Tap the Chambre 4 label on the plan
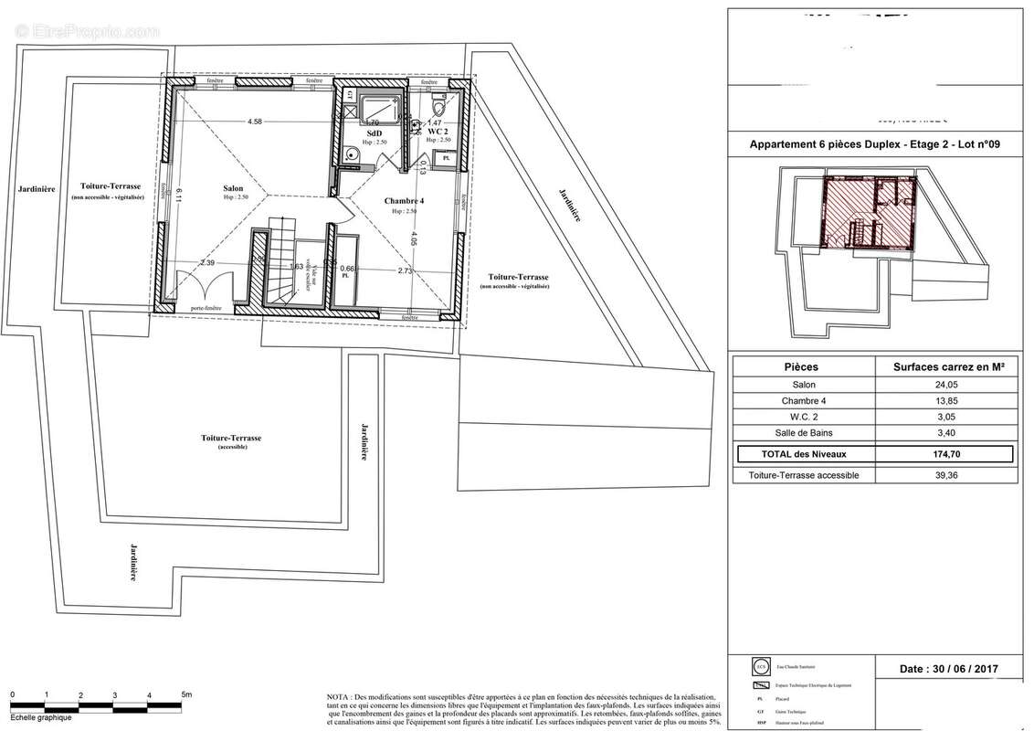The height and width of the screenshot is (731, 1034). pyautogui.click(x=404, y=201)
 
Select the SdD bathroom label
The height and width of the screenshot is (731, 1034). pyautogui.click(x=374, y=132)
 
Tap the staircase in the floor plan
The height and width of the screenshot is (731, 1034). pyautogui.click(x=279, y=265)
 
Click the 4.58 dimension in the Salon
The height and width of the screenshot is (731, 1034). pyautogui.click(x=254, y=122)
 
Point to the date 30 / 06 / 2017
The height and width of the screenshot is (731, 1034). pyautogui.click(x=949, y=669)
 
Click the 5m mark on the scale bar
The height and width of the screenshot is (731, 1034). pyautogui.click(x=185, y=695)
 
